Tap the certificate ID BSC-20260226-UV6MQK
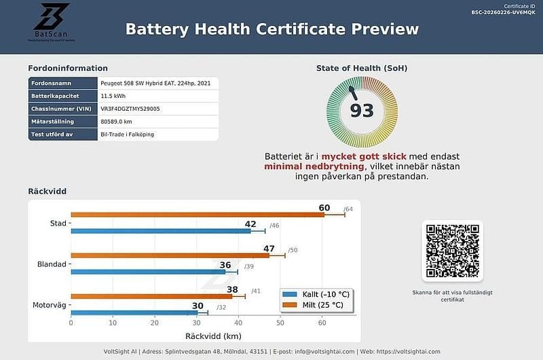click(x=505, y=12)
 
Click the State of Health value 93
click(x=362, y=110)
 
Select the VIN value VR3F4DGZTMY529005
click(x=130, y=109)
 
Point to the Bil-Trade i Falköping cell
click(x=127, y=134)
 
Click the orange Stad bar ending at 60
click(x=197, y=215)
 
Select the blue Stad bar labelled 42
click(x=160, y=231)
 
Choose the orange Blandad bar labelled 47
click(x=170, y=255)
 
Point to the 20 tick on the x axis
click(x=155, y=323)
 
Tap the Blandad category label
click(x=52, y=264)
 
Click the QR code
click(x=452, y=251)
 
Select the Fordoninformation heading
click(x=67, y=68)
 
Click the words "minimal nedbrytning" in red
click(x=314, y=166)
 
